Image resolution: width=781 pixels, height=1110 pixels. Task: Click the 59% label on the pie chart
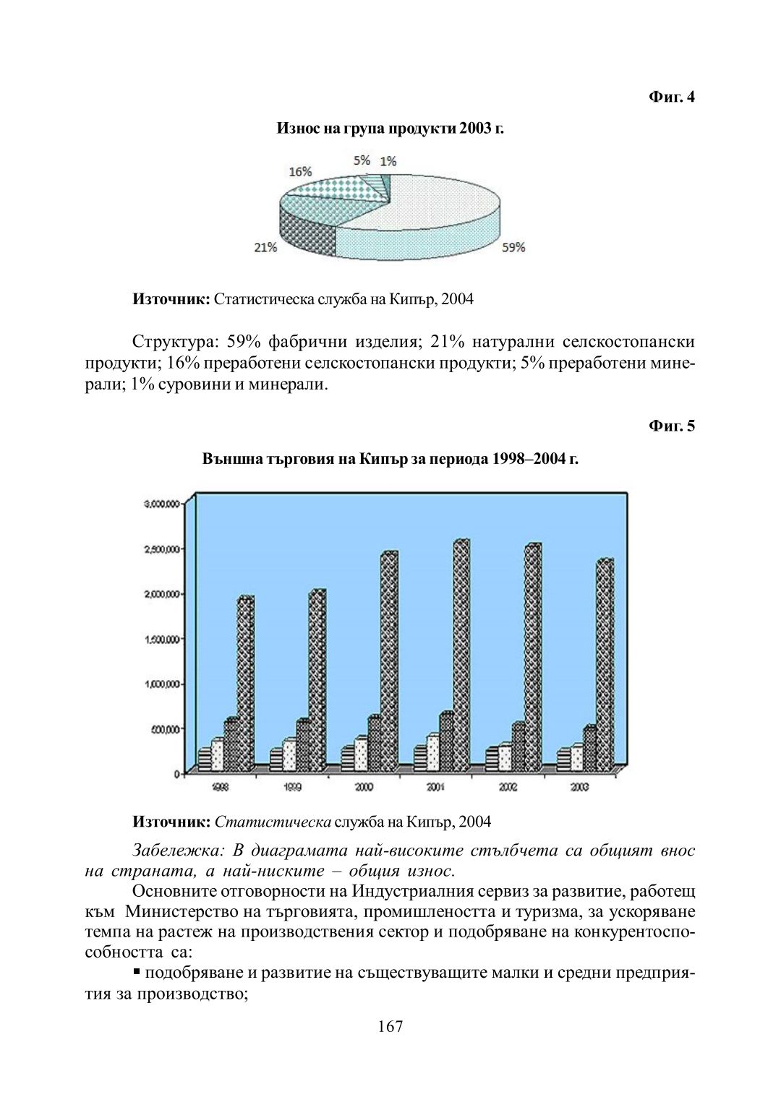tap(513, 247)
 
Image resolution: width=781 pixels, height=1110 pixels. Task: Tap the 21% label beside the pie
tap(265, 247)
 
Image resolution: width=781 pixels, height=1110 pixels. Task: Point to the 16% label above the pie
tap(300, 171)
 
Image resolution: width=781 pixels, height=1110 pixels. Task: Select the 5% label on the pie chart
tap(362, 160)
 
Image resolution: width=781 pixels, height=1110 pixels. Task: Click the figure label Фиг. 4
tap(671, 97)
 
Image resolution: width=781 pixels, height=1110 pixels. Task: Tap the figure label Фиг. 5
tap(671, 426)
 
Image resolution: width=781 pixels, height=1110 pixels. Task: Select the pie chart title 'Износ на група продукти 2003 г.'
tap(390, 129)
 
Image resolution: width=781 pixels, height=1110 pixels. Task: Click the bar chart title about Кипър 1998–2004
tap(390, 459)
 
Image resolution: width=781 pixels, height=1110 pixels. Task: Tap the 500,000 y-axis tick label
tap(166, 729)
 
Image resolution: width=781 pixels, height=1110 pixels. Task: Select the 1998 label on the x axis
tap(220, 787)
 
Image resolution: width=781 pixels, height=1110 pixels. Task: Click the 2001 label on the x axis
tap(435, 787)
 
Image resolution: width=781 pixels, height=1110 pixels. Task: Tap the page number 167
tap(390, 1026)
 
